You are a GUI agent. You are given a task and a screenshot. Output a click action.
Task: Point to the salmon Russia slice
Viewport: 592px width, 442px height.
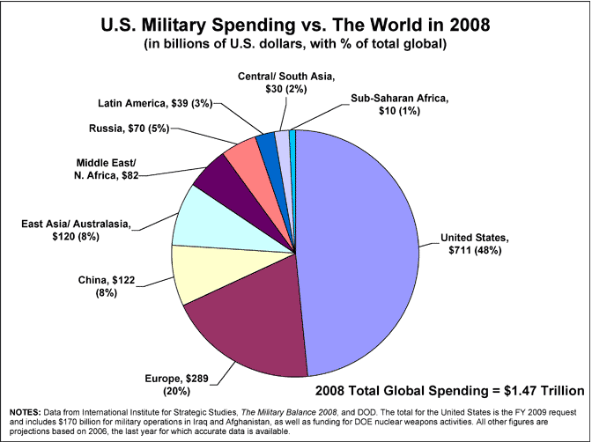pos(242,153)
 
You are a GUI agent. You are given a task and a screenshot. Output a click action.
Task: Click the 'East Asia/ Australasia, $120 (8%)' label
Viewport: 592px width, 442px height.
pos(75,232)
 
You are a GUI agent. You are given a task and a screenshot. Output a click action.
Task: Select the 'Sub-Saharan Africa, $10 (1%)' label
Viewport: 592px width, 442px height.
pos(401,105)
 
